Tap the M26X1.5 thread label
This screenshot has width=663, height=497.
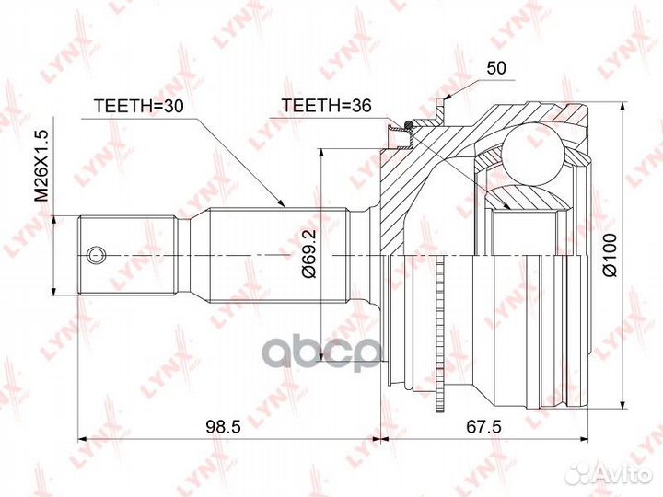(x=41, y=167)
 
